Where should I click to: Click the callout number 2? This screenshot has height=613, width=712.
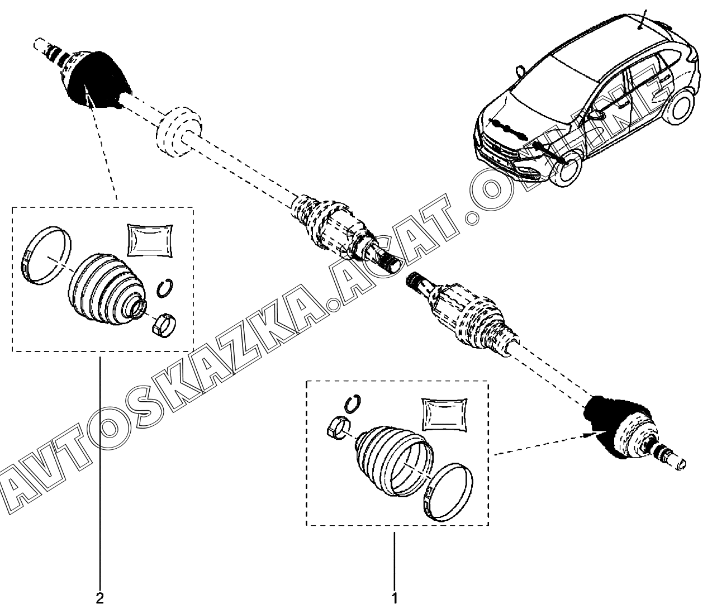click(99, 598)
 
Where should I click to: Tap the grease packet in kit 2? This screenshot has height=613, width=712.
click(148, 240)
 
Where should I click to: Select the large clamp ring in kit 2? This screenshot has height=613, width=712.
click(49, 255)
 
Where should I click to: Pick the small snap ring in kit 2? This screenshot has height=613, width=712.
click(165, 288)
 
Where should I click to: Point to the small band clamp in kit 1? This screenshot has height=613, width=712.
click(337, 428)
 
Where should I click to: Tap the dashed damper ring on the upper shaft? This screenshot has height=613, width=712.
click(178, 130)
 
